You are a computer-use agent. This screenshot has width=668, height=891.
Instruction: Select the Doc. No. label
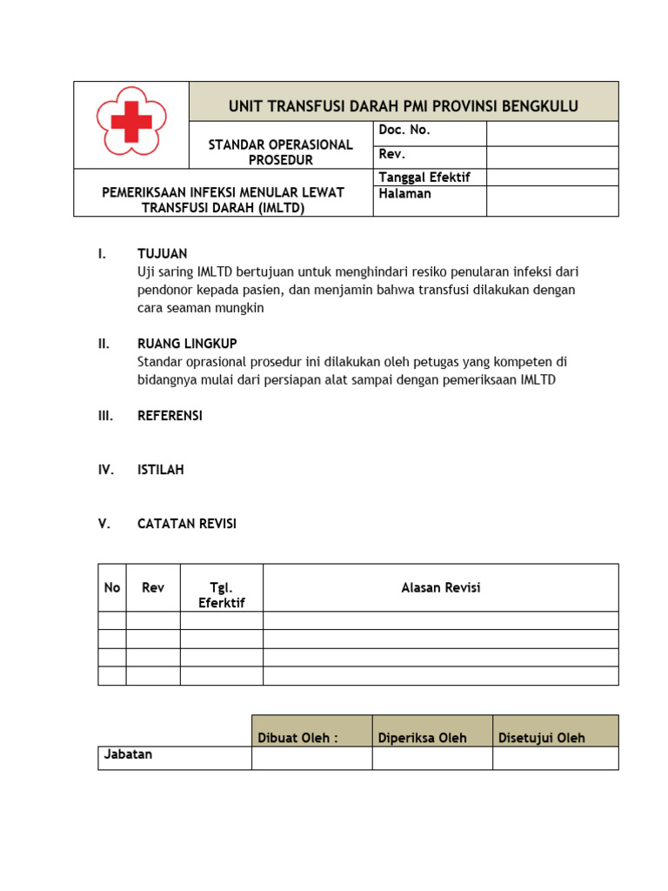coord(404,131)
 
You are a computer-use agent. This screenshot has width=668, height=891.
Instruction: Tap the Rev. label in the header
coord(392,155)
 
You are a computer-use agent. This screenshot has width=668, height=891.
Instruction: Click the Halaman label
coord(404,194)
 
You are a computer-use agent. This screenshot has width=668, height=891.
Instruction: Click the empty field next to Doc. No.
coord(551,133)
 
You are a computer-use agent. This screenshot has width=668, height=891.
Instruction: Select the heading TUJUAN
coord(163,254)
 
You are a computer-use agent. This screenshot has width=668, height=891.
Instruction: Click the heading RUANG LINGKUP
coord(187,344)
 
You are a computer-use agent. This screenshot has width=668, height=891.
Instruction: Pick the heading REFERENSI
coord(170,416)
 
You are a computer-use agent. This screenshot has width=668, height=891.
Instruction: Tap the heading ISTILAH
coord(161,470)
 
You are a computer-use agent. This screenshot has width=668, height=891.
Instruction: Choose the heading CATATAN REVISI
coord(187,524)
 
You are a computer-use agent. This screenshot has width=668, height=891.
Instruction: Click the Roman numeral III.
coord(105,416)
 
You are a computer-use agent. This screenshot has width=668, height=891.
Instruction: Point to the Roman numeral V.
coord(103,524)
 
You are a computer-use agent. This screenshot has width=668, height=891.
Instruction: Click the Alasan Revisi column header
coord(440,587)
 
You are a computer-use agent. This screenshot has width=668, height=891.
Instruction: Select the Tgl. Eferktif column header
coord(222,595)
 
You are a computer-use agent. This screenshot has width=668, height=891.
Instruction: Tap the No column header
coord(112,587)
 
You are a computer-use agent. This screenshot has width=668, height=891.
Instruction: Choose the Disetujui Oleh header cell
coord(541,738)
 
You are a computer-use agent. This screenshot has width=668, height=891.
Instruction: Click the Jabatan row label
coord(128,754)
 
